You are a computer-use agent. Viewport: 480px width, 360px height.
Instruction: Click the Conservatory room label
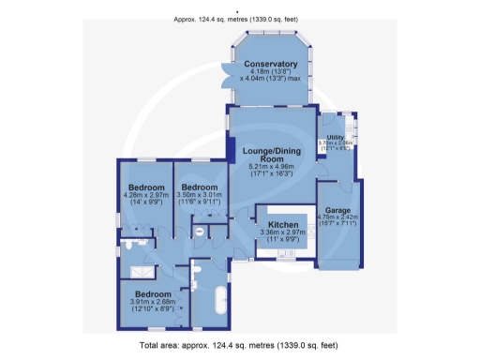pyautogui.click(x=270, y=64)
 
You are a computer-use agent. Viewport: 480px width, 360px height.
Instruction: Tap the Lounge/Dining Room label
pyautogui.click(x=270, y=154)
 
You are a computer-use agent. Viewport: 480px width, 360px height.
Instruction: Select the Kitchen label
pyautogui.click(x=282, y=226)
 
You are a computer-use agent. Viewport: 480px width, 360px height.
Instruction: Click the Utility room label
pyautogui.click(x=335, y=137)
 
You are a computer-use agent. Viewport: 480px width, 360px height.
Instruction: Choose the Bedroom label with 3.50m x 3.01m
pyautogui.click(x=199, y=187)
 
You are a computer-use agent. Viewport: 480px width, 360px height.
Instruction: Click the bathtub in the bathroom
pyautogui.click(x=221, y=300)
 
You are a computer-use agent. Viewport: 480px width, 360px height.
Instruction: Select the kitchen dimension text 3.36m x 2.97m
pyautogui.click(x=282, y=235)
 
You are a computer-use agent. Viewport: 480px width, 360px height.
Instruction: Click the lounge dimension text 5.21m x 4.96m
pyautogui.click(x=270, y=165)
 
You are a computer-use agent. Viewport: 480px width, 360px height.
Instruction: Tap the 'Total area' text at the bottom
pyautogui.click(x=240, y=346)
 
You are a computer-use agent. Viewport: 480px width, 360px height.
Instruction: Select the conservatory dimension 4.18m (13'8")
pyautogui.click(x=270, y=72)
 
